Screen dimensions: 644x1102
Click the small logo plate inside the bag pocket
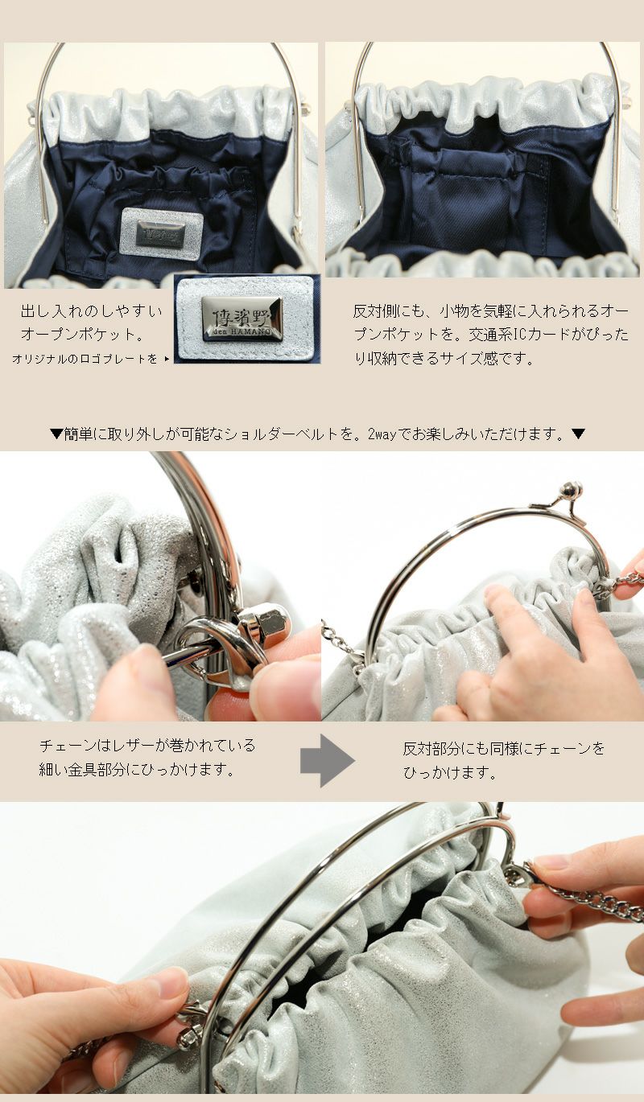pos(161,233)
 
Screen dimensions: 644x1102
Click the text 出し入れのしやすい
pos(92,311)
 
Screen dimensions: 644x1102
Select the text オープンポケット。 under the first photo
pos(83,335)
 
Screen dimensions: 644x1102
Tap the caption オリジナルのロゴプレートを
pos(85,359)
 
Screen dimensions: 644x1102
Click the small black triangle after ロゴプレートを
pos(167,359)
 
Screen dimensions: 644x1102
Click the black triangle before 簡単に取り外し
pos(56,434)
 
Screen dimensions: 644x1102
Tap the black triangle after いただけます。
pos(578,434)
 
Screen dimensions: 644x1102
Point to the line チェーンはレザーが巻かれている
pos(147,746)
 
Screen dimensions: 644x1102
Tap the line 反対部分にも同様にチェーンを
pos(504,749)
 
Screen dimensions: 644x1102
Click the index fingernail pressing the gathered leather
pos(493,591)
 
